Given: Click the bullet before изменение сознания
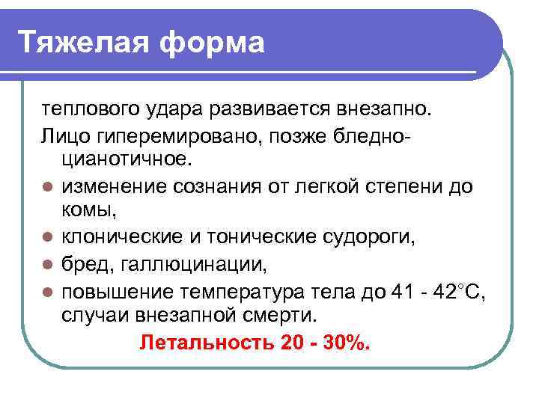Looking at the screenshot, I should [48, 186].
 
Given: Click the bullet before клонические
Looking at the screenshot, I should [48, 238].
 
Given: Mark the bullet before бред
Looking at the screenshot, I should [48, 264].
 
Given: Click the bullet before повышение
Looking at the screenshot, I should [48, 291].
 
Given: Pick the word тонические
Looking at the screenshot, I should [237, 237].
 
